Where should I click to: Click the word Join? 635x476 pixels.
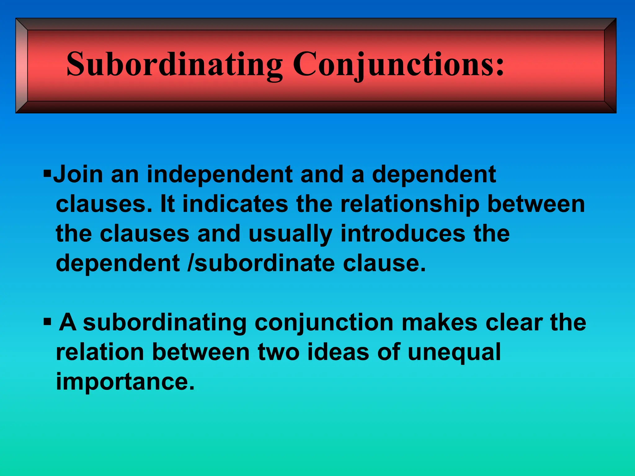78,174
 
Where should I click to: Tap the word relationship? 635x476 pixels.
410,205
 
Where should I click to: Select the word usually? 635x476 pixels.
290,234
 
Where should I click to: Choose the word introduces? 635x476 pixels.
403,234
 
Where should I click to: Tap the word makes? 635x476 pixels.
439,322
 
